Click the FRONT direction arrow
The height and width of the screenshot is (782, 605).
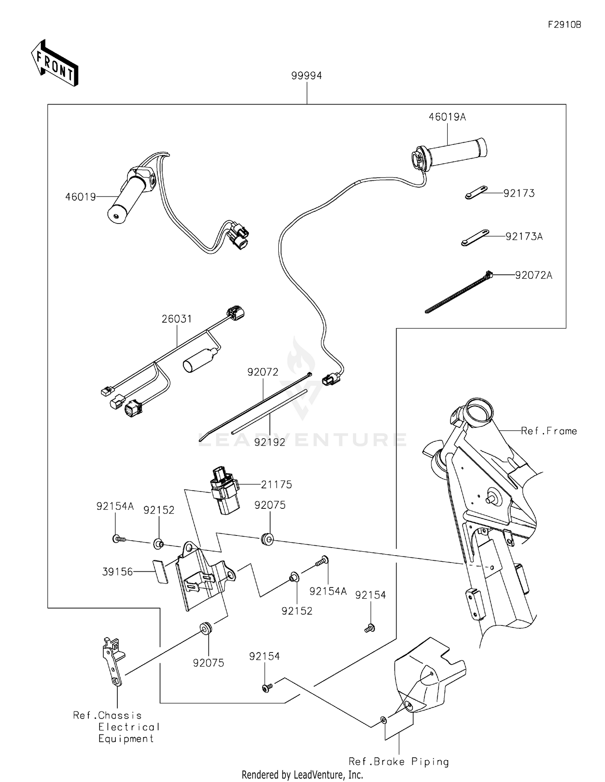click(x=55, y=63)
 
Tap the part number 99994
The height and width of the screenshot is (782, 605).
click(x=307, y=75)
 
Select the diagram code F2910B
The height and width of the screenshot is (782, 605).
click(x=564, y=25)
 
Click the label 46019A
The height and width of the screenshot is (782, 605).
click(x=447, y=117)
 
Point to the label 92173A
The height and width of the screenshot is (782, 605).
click(x=524, y=236)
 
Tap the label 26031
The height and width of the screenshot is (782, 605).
click(x=177, y=319)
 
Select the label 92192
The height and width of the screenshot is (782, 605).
click(x=269, y=442)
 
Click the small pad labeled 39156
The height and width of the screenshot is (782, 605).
click(x=161, y=571)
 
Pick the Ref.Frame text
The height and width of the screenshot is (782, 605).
click(x=549, y=431)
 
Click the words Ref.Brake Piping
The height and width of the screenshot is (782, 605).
click(x=398, y=761)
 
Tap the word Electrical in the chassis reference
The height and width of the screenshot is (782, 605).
click(x=129, y=727)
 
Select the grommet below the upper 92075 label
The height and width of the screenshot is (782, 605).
click(x=267, y=539)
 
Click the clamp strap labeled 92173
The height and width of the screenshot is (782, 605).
click(x=476, y=192)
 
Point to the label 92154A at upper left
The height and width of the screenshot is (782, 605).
click(x=115, y=506)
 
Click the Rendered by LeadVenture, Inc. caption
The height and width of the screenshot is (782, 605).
click(x=302, y=774)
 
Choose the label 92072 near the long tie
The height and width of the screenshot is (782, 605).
click(x=263, y=372)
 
